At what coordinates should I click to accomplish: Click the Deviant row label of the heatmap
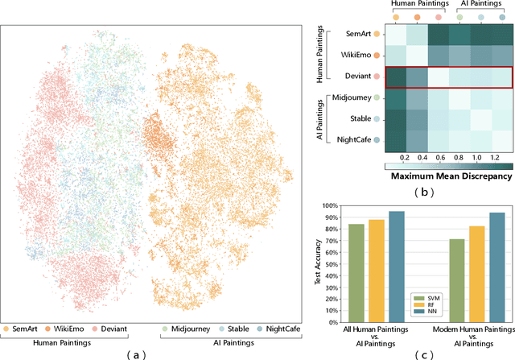(358, 77)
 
